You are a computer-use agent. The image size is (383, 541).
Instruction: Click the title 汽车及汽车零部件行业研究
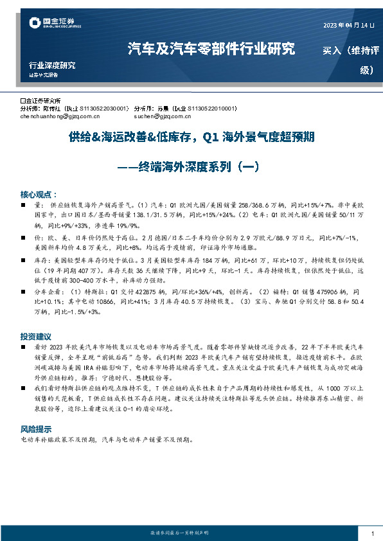211,49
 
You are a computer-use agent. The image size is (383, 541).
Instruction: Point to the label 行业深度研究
52,66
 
